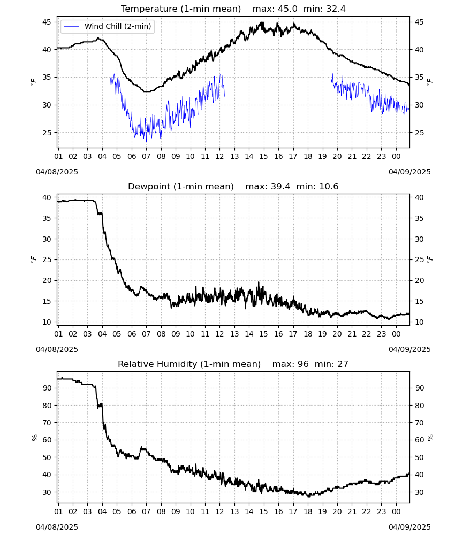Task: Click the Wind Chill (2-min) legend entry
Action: pos(107,26)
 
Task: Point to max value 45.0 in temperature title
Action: pos(287,9)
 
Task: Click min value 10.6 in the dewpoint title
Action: pos(329,186)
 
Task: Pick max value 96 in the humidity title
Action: pos(303,364)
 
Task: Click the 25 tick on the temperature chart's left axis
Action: pos(47,133)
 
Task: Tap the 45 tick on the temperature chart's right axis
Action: pos(419,22)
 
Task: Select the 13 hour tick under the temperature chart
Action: pos(234,156)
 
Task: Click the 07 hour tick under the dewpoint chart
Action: pos(146,334)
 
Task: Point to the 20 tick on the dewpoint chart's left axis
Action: pos(47,280)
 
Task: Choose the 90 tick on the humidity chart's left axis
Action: pos(47,388)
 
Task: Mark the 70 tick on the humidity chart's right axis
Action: pos(419,423)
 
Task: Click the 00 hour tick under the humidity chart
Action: pos(396,511)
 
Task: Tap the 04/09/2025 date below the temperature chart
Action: pos(409,172)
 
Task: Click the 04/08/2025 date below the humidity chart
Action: pos(57,527)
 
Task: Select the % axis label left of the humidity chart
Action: pos(34,438)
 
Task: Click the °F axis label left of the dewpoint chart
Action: pos(33,259)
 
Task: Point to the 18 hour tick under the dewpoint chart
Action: pos(308,334)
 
